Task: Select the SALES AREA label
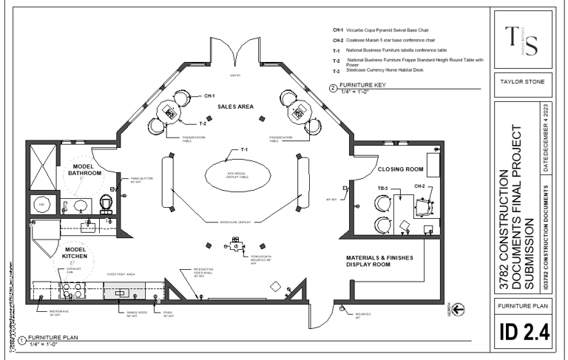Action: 235,107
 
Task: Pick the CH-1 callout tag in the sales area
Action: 209,96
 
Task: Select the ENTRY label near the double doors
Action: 236,75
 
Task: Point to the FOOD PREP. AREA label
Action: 120,274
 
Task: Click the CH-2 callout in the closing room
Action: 419,186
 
